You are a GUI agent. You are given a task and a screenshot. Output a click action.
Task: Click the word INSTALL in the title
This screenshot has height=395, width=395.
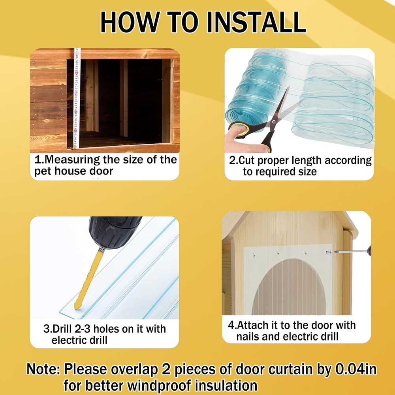256,22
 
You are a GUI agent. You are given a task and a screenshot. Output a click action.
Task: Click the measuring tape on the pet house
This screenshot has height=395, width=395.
77,98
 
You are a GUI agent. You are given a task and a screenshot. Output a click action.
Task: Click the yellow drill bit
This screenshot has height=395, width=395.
88,279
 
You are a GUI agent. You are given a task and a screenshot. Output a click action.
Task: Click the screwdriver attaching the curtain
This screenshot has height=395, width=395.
352,251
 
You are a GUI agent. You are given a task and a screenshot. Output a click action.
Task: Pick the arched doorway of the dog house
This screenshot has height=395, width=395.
289,287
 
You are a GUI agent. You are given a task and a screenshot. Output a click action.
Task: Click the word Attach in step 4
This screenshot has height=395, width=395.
253,325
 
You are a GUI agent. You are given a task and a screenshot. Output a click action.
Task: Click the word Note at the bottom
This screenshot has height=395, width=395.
41,369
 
